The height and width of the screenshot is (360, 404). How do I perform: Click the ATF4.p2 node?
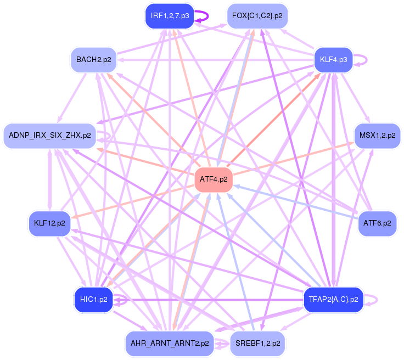coord(214,179)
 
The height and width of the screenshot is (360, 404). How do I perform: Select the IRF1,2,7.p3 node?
coord(170,15)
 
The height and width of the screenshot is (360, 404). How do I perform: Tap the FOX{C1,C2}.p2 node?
coord(257,15)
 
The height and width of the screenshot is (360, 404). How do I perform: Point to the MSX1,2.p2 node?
coord(377,135)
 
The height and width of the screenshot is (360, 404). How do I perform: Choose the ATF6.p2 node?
coord(377,223)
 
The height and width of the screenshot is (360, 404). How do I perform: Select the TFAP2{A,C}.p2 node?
coord(333,299)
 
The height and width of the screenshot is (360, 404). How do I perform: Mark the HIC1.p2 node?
coord(94,299)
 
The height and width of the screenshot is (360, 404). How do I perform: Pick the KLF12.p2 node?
coord(49,223)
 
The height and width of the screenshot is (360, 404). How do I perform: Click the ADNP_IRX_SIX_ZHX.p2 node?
coord(50,135)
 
